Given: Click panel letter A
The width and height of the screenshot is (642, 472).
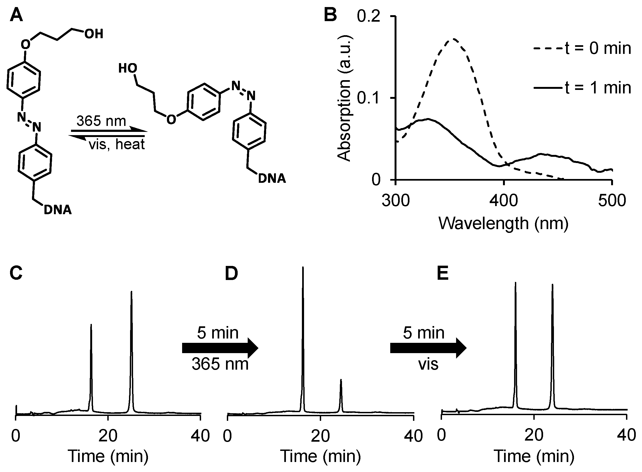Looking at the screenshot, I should tap(16, 15).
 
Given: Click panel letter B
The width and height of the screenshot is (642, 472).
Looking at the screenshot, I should tap(330, 15).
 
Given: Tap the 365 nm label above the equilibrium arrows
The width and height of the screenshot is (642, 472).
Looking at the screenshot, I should tap(101, 121).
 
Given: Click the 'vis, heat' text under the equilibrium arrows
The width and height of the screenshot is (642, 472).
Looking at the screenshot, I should tap(117, 144).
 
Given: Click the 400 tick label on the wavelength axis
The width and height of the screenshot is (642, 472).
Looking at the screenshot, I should tap(503, 201).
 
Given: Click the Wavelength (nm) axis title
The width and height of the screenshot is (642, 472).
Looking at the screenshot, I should tap(503, 223).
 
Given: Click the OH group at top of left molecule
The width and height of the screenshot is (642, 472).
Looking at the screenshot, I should tap(93, 34).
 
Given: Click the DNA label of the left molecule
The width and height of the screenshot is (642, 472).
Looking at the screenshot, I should tap(58, 210).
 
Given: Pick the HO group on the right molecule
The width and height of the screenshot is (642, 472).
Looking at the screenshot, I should tap(128, 68).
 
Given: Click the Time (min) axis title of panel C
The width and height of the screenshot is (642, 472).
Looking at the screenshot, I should tap(108, 456).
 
